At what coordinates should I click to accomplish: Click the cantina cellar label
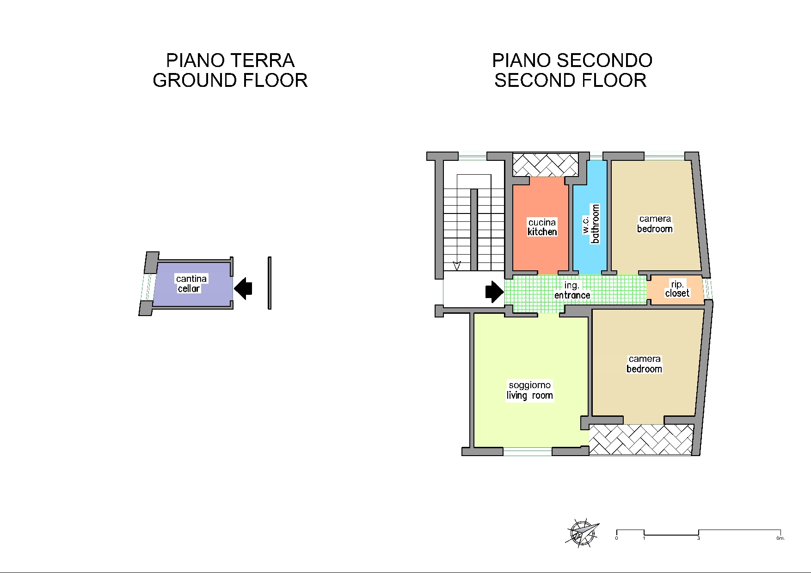tap(190, 284)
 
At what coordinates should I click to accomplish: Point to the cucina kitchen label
tap(542, 227)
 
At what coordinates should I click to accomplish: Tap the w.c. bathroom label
tap(591, 224)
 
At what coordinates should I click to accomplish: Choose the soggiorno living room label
tap(530, 390)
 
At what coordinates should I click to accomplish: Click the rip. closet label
tap(677, 289)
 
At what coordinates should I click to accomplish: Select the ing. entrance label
tap(572, 291)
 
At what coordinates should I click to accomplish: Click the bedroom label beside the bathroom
tap(655, 224)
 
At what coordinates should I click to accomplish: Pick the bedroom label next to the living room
tap(645, 364)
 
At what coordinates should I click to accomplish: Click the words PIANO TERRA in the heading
tap(230, 61)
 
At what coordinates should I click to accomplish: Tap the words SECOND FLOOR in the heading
tap(571, 80)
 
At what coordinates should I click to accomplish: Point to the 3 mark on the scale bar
tap(698, 538)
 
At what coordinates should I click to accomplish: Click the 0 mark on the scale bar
tap(616, 538)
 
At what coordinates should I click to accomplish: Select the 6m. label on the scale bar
tap(780, 538)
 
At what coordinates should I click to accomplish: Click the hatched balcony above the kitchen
tap(546, 165)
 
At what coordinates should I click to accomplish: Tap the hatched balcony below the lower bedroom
tap(641, 439)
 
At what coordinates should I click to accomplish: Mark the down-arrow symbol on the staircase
tap(457, 266)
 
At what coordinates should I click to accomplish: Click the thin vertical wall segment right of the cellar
tap(270, 283)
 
